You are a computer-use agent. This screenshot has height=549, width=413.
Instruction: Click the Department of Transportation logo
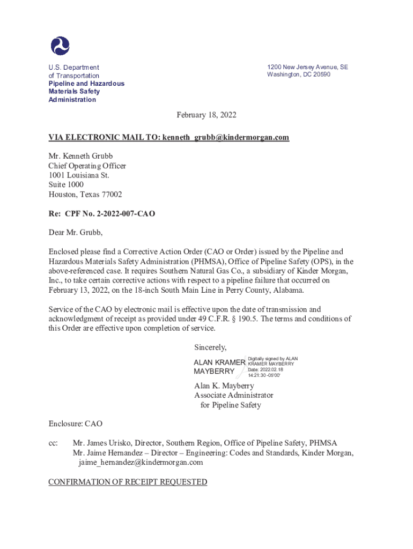coord(60,46)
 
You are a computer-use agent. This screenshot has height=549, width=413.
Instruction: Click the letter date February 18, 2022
coord(206,115)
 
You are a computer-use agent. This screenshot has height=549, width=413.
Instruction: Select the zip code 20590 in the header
coord(321,75)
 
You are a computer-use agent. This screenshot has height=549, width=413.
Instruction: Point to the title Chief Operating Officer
coord(87,166)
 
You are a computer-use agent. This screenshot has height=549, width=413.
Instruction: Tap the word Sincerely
coord(210,347)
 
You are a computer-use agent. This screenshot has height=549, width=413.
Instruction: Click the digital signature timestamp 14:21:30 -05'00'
coord(264,375)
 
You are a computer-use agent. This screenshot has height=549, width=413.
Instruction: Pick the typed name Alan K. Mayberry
coord(224,385)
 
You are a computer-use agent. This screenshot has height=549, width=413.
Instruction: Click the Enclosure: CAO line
coord(75,424)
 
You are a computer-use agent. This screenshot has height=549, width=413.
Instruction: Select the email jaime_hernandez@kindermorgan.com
coord(141,462)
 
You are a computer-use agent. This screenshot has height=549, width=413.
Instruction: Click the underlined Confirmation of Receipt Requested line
coord(128,482)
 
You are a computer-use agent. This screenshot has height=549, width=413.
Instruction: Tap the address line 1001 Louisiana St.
coord(79,175)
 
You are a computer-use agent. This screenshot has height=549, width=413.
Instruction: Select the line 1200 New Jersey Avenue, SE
coord(307,67)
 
